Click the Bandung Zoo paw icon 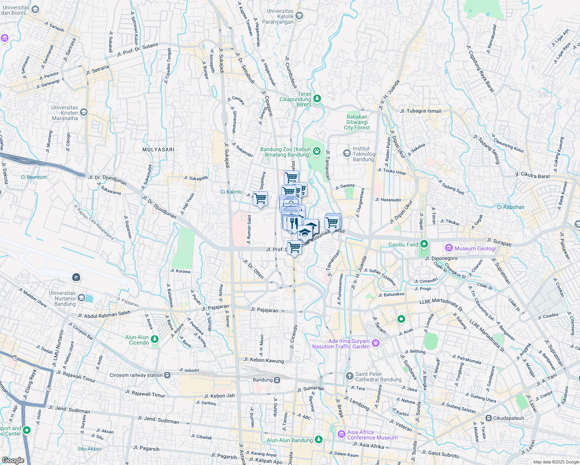pyautogui.click(x=317, y=151)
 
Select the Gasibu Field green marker pyautogui.click(x=424, y=244)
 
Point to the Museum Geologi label pyautogui.click(x=475, y=248)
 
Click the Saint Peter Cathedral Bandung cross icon pyautogui.click(x=349, y=376)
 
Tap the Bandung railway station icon pyautogui.click(x=277, y=380)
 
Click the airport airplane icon pyautogui.click(x=76, y=277)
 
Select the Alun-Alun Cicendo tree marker pyautogui.click(x=155, y=339)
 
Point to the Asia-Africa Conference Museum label pyautogui.click(x=372, y=435)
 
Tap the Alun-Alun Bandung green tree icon pyautogui.click(x=318, y=439)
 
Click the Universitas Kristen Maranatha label pyautogui.click(x=65, y=113)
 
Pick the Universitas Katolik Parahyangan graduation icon pyautogui.click(x=299, y=16)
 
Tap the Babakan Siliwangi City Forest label pyautogui.click(x=357, y=122)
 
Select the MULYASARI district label pyautogui.click(x=158, y=150)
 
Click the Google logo pyautogui.click(x=13, y=460)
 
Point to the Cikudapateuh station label pyautogui.click(x=508, y=418)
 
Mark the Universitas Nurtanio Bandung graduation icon pyautogui.click(x=81, y=298)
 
